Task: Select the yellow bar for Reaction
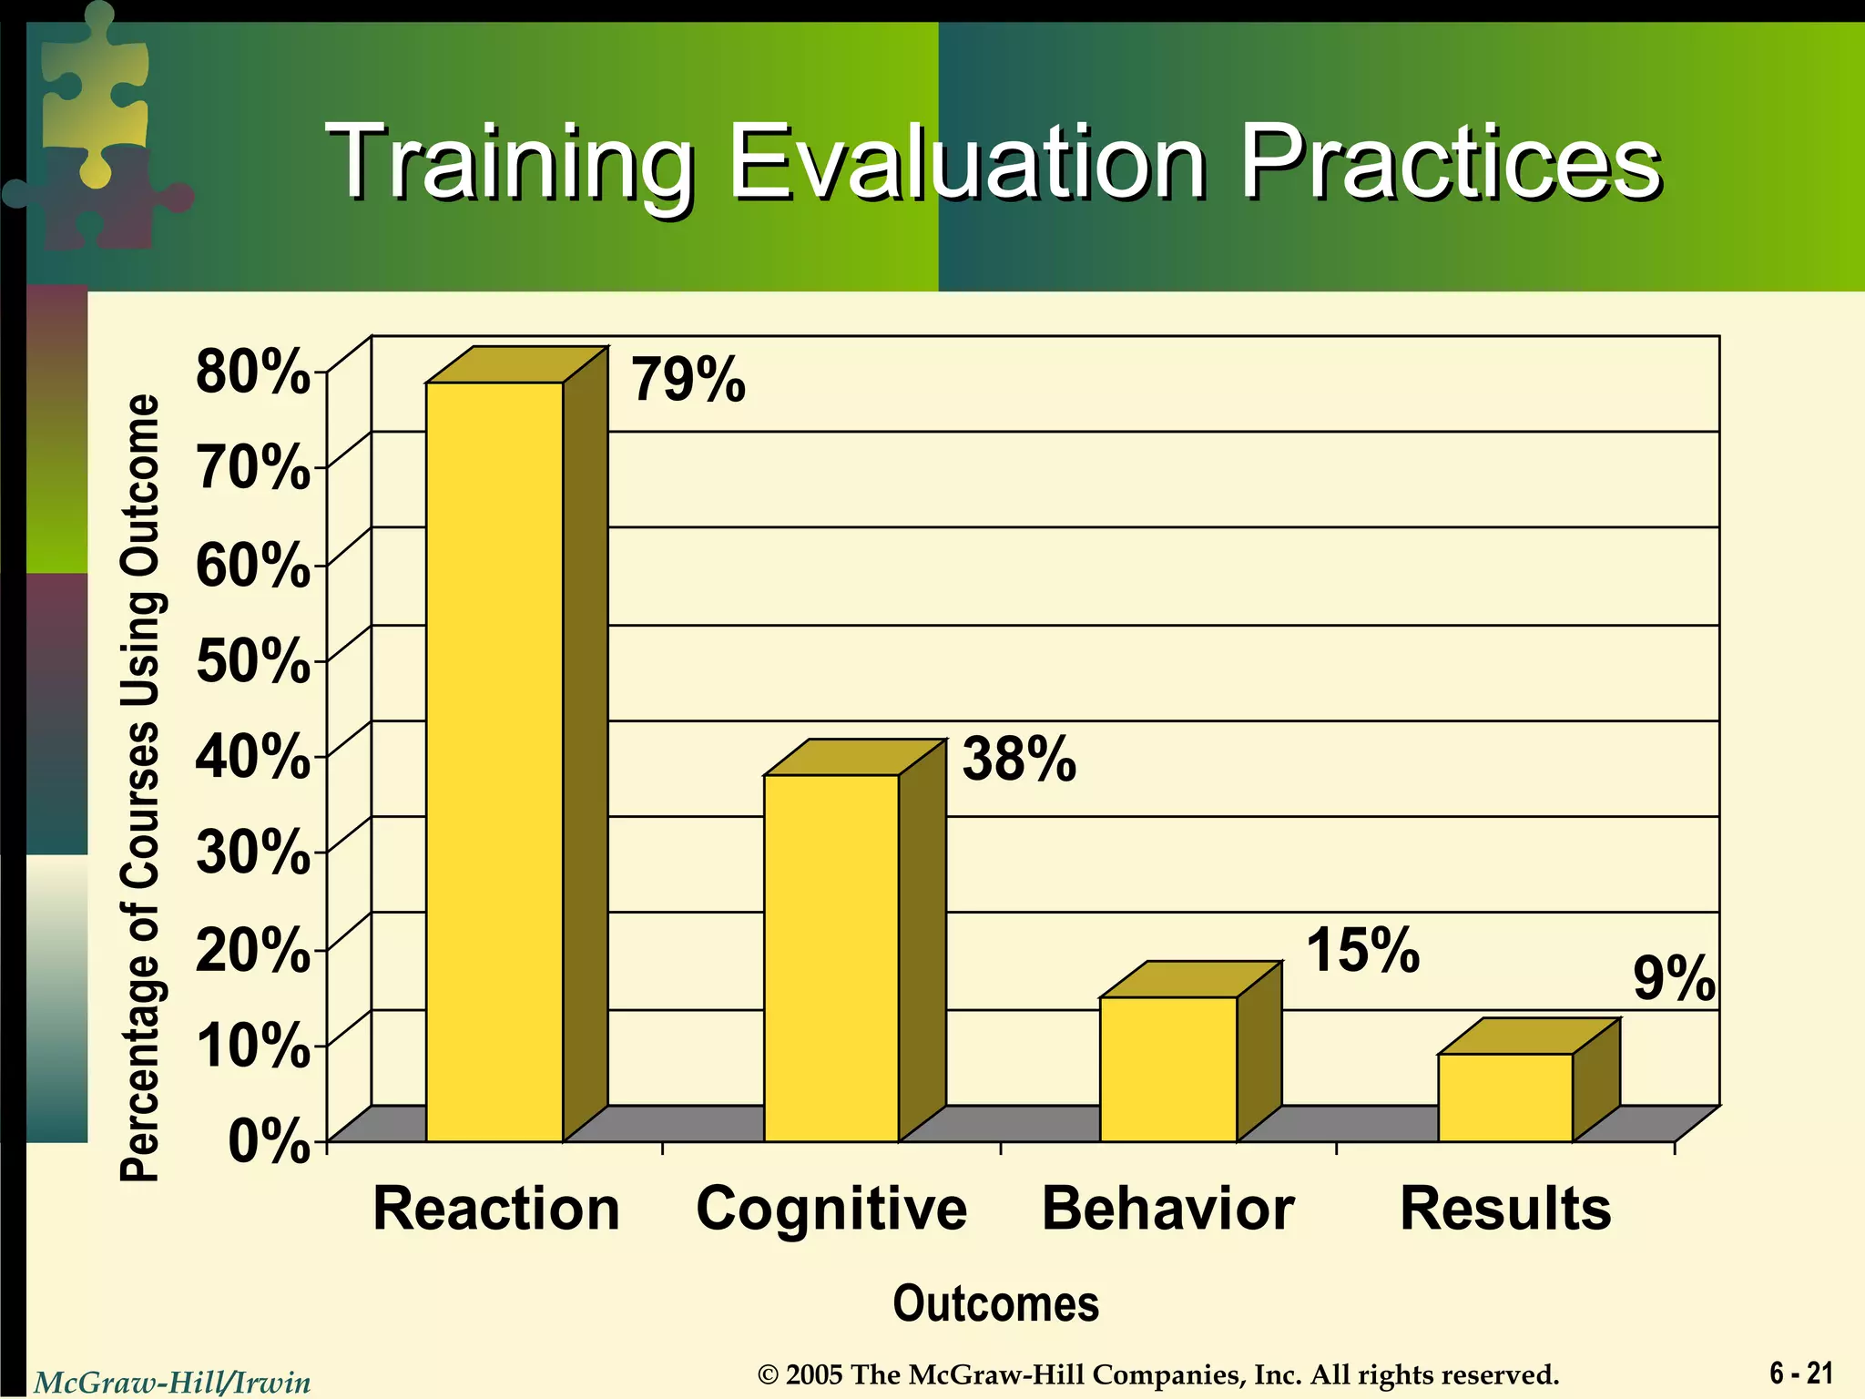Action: pos(494,761)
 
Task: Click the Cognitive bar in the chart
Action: pos(831,956)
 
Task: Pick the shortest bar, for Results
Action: pos(1505,1097)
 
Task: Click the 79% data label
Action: pos(688,380)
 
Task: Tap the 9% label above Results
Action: pos(1674,979)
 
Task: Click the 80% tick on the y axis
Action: pos(252,372)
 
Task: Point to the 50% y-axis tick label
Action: pos(252,660)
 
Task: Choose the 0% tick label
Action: pos(269,1141)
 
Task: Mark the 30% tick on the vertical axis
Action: pos(252,853)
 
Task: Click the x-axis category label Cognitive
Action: pos(831,1209)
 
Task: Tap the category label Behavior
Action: pos(1167,1209)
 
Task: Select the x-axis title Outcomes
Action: pos(995,1303)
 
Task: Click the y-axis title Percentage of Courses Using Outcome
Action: pos(141,788)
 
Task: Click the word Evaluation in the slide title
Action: pos(966,163)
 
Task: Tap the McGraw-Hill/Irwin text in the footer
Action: pos(172,1383)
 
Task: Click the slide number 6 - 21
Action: pos(1801,1373)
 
